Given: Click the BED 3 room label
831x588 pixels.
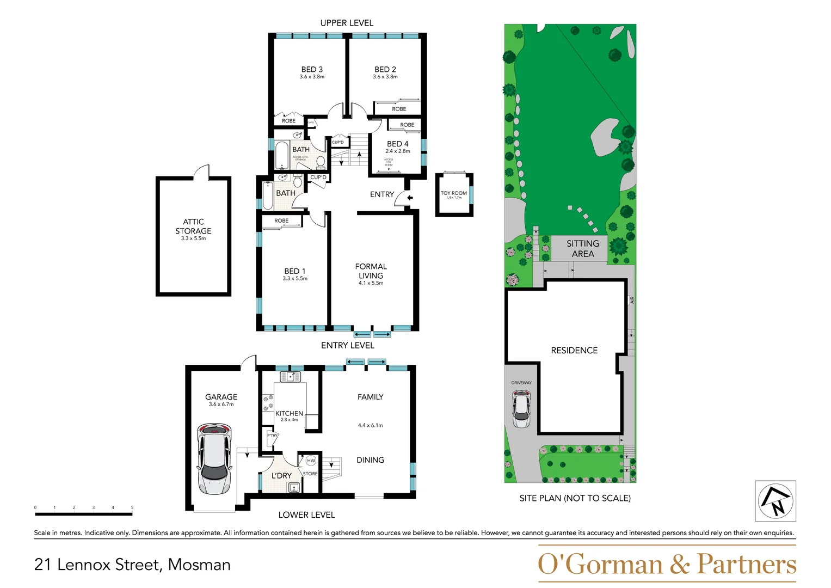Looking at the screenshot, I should (x=312, y=70).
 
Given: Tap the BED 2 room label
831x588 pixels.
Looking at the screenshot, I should (x=385, y=70).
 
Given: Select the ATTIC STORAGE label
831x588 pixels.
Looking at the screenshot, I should (x=193, y=226).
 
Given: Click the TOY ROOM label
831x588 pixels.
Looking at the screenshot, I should (x=453, y=193).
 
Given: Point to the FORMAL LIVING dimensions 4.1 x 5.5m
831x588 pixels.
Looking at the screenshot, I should (x=371, y=283).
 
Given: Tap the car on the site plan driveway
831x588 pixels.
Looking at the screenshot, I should (x=521, y=409).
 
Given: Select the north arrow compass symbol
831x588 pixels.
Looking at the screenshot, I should (x=775, y=501).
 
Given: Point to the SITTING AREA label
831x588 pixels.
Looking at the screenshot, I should (x=582, y=249).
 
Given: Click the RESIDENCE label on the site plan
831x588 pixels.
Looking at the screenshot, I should (x=574, y=351).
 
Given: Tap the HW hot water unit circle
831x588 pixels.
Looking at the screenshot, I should (x=311, y=461).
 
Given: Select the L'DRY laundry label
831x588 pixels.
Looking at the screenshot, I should (x=281, y=476).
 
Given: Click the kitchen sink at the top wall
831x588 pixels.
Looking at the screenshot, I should (x=290, y=377).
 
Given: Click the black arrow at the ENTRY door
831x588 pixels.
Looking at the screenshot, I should (x=410, y=198).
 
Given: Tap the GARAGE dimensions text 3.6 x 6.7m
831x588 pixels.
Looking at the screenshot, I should (x=221, y=405).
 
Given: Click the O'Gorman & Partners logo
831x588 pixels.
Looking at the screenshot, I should (x=667, y=564).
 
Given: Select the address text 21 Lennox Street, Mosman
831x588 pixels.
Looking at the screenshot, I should (x=132, y=565).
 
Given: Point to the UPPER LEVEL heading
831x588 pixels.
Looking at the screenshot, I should (x=347, y=23).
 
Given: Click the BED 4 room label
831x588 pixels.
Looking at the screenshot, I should (x=397, y=144).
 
